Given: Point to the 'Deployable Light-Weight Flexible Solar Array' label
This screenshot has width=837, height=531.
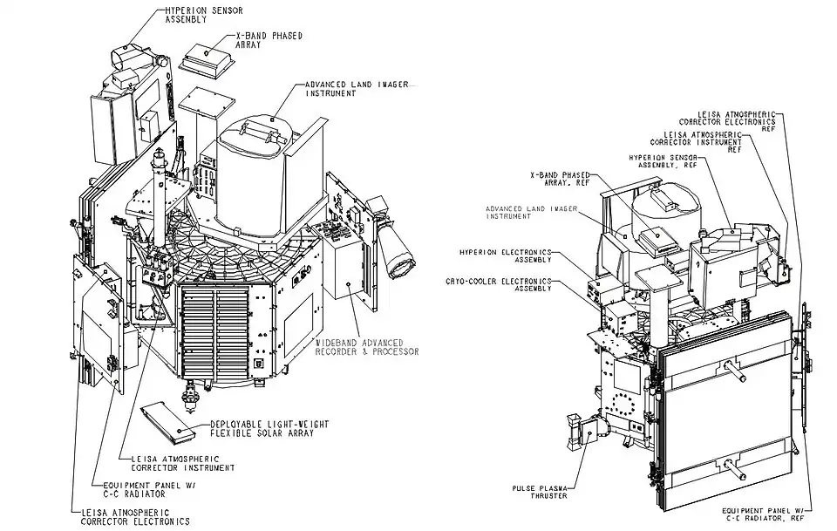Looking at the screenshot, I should coord(269,429).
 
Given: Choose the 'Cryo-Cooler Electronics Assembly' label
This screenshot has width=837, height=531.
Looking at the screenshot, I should coord(510,285).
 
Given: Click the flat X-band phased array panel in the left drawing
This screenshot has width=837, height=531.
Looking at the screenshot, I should coord(207,59).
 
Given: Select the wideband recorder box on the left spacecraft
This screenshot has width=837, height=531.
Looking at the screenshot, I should coord(347,277).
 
